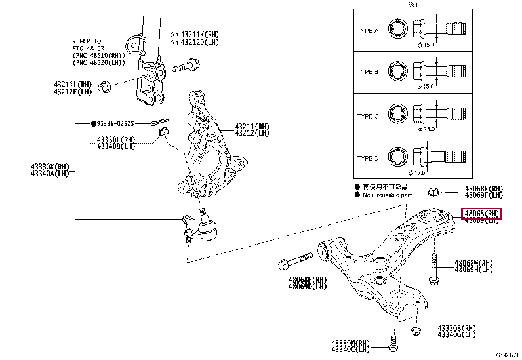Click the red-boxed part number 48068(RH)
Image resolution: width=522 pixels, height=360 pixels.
point(481,214)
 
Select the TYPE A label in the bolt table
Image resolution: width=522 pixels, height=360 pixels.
point(367,31)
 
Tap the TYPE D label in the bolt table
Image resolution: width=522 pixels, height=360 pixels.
point(367,158)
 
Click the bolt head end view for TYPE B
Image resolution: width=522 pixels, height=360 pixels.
point(398,71)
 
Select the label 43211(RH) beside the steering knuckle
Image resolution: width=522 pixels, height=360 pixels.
point(252,126)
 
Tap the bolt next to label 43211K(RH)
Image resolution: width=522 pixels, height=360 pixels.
point(187,66)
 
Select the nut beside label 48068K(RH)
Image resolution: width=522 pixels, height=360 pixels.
point(433,192)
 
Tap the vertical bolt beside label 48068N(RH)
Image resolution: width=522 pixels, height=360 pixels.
point(434,269)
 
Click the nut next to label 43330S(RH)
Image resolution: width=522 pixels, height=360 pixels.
point(415,331)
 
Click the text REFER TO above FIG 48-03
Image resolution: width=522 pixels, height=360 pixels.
point(87,41)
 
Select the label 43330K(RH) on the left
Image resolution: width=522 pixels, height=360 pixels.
point(49,167)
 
